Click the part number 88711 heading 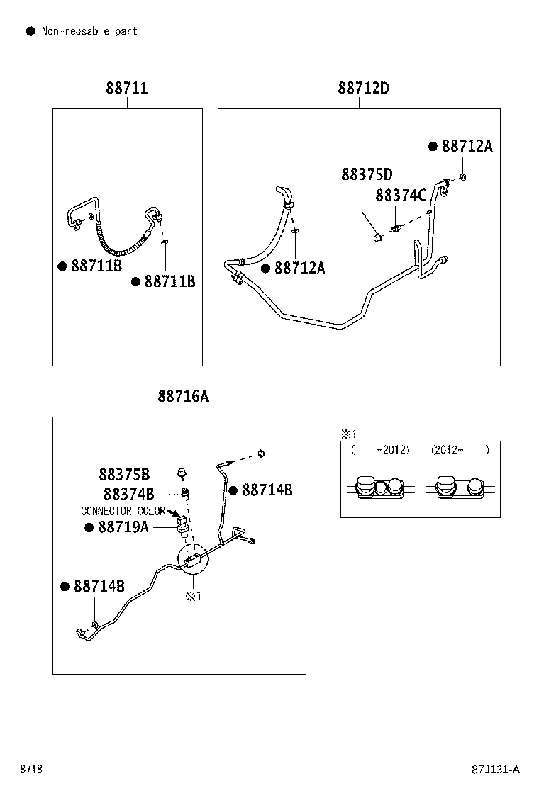click(x=127, y=89)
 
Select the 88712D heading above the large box click(x=363, y=89)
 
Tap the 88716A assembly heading click(x=183, y=398)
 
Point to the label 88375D click(x=367, y=174)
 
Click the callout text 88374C click(x=401, y=195)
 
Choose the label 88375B click(x=124, y=474)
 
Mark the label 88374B click(x=128, y=494)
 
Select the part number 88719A click(x=123, y=527)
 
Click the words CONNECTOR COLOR click(x=123, y=511)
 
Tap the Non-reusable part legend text click(x=89, y=31)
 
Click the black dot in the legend click(x=30, y=31)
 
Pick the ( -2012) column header click(x=380, y=450)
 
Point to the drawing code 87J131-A click(x=496, y=770)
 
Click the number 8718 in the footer click(x=30, y=770)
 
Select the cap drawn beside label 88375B click(x=182, y=473)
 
